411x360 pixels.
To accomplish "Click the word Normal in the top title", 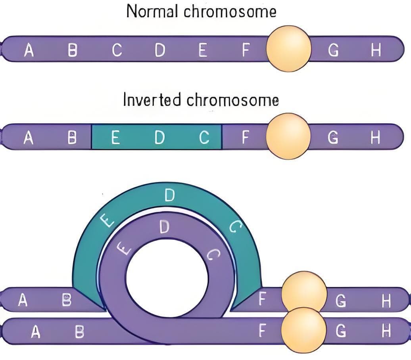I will click(153, 11).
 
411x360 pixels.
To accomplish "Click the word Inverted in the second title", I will click(152, 100).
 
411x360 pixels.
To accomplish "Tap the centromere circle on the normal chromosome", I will click(288, 48).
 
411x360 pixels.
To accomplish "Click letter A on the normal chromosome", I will click(28, 50).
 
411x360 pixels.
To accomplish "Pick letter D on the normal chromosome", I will click(160, 50).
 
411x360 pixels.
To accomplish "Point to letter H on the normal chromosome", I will click(376, 50).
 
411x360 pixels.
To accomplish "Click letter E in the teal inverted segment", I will click(115, 138).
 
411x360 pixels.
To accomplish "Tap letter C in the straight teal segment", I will click(204, 138).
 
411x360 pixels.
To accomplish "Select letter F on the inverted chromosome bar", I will click(246, 138).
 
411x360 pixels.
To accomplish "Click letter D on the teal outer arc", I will click(169, 195).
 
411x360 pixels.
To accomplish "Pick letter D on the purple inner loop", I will click(164, 227).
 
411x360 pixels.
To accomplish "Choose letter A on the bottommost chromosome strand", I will click(36, 331).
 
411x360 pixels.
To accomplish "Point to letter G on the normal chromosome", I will click(334, 50).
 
